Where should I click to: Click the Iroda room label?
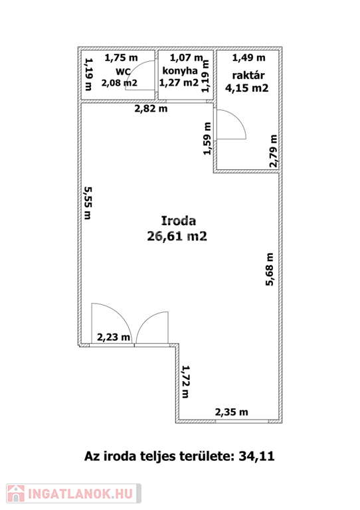coord(179,221)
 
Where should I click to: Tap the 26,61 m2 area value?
coord(177,236)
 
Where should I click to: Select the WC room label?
coord(124,72)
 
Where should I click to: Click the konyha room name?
coord(180,71)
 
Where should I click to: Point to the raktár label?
coord(248,76)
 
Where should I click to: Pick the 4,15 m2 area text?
coord(247,88)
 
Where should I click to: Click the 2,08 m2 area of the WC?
coord(120,83)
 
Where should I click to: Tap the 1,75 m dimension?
coord(121,58)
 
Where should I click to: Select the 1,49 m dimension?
coord(248,58)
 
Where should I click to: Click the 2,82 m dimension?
coord(151,109)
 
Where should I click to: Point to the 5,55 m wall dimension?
coord(88,203)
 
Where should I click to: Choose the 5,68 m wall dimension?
coord(270,270)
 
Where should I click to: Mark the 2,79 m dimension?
coord(274,151)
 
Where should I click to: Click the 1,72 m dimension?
coord(185,382)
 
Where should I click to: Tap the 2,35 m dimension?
coord(231,412)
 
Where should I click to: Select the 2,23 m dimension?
coord(114,337)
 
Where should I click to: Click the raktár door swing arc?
coord(236,117)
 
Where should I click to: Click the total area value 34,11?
coord(256,456)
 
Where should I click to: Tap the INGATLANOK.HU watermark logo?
coord(74,493)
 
